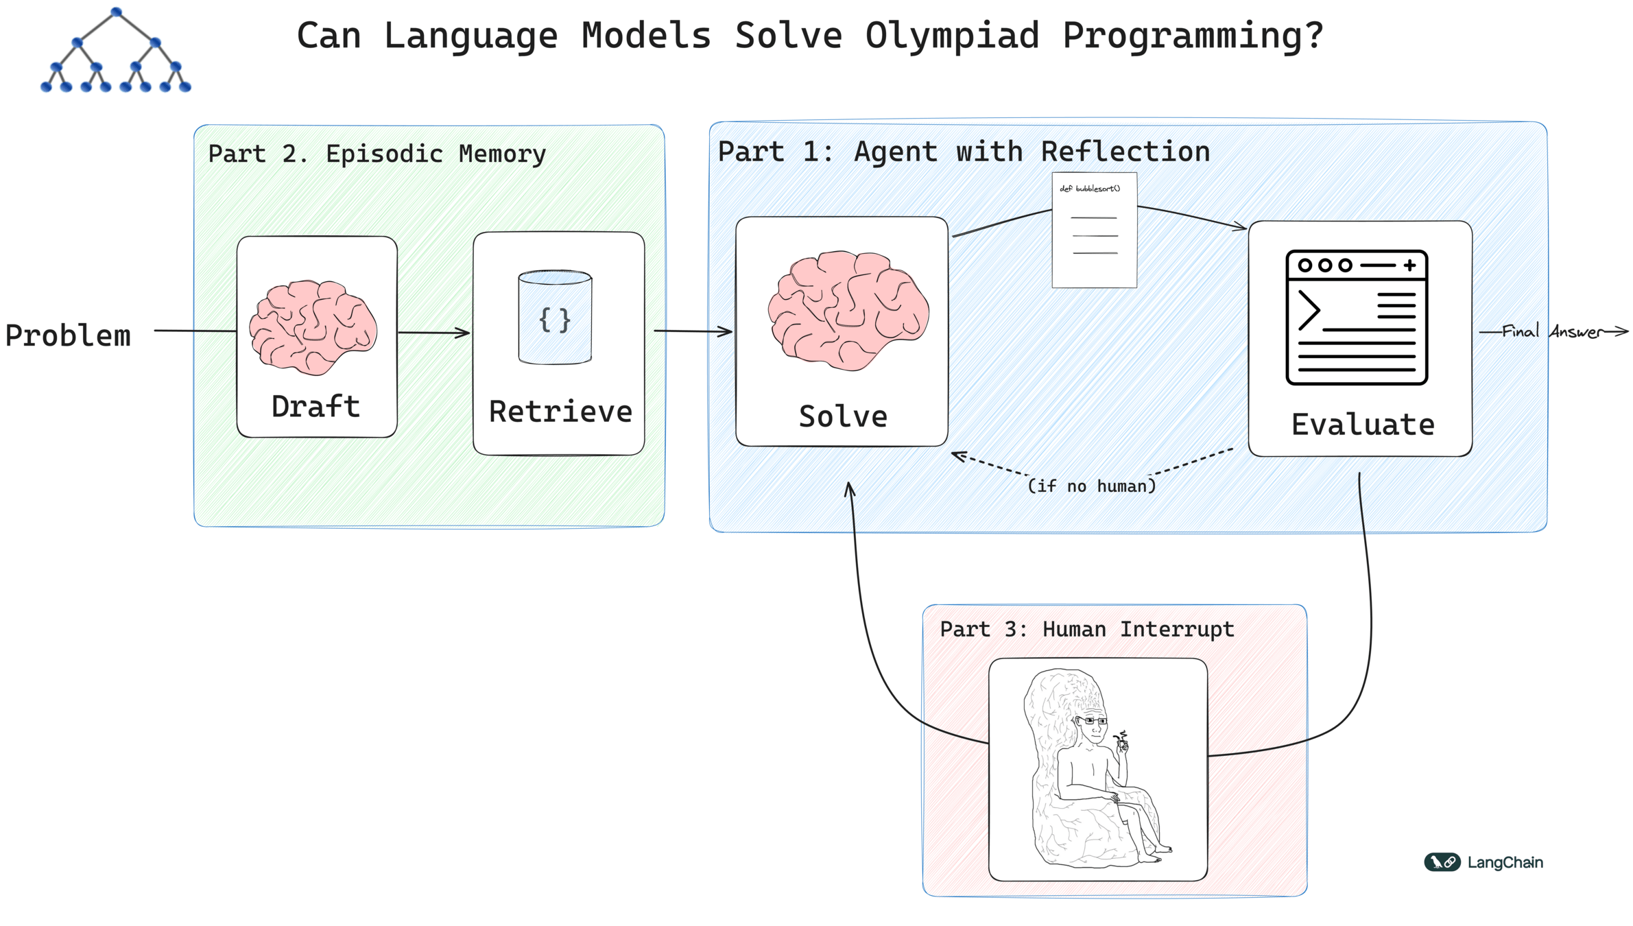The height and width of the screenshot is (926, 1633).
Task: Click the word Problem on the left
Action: tap(68, 335)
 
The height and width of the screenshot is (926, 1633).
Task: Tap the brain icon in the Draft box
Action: tap(313, 327)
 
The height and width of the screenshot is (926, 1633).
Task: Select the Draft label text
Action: tap(315, 406)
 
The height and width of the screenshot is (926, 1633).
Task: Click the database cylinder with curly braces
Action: tap(555, 317)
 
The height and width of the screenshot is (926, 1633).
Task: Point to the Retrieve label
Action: tap(560, 412)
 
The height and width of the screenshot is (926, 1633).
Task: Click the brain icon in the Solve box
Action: tap(848, 310)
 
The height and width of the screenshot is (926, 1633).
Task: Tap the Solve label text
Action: tap(843, 416)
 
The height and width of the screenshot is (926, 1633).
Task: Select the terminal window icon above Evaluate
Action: tap(1356, 317)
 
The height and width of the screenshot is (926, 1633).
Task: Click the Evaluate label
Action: tap(1362, 425)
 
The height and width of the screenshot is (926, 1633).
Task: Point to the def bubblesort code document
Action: tap(1094, 230)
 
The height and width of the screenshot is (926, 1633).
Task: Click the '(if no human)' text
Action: tap(1091, 486)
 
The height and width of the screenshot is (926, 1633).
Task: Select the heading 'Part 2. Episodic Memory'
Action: tap(377, 154)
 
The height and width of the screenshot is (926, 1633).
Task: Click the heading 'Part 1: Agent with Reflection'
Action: tap(964, 152)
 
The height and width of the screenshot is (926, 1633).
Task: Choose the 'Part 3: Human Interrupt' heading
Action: tap(1086, 629)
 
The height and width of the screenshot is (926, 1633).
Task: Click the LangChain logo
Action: tap(1483, 862)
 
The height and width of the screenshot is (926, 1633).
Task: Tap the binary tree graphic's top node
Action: tap(116, 12)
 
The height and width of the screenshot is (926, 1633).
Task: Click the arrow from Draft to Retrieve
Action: tap(433, 333)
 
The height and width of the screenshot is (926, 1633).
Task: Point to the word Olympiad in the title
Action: tap(952, 36)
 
